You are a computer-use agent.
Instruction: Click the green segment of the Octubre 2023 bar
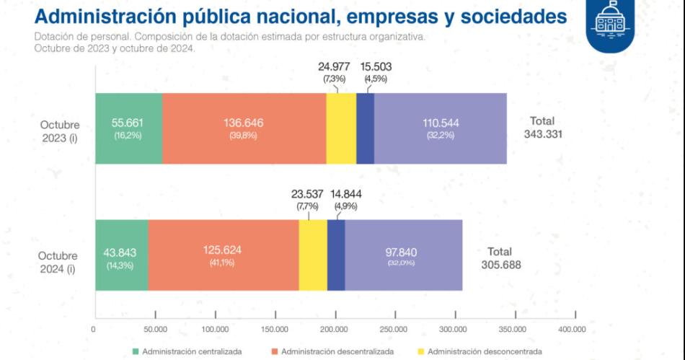128,128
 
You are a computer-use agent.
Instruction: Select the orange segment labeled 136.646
244,128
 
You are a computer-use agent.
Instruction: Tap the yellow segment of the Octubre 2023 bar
341,128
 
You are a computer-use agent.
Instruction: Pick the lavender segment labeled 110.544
441,128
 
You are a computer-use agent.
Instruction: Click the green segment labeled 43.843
121,255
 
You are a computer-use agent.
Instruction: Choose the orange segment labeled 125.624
224,255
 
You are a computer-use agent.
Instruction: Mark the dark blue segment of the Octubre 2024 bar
336,255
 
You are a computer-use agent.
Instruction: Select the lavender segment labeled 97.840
404,255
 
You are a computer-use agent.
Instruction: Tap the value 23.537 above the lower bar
306,194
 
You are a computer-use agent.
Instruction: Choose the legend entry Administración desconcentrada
475,351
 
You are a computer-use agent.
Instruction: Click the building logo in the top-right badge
610,22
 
